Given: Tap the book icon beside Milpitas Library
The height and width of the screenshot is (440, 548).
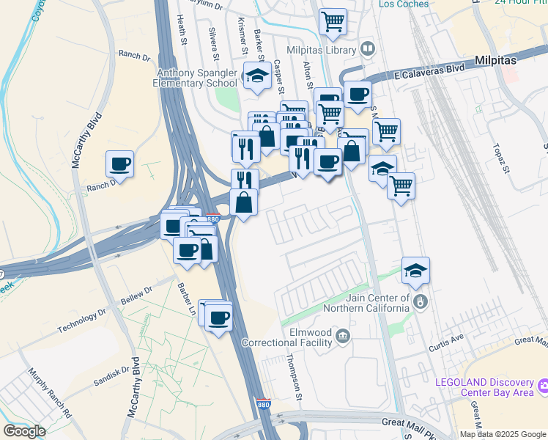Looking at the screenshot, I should point(368,49).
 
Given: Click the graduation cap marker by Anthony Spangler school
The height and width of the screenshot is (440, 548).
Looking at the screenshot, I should point(257,76).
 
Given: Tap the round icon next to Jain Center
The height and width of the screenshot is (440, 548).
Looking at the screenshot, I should point(421,301).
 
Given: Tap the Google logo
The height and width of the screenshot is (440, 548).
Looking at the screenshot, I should point(24,430).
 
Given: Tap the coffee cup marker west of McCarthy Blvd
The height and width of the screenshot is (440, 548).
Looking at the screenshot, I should point(120,164).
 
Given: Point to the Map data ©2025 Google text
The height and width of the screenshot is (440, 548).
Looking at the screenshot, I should point(503,434).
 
